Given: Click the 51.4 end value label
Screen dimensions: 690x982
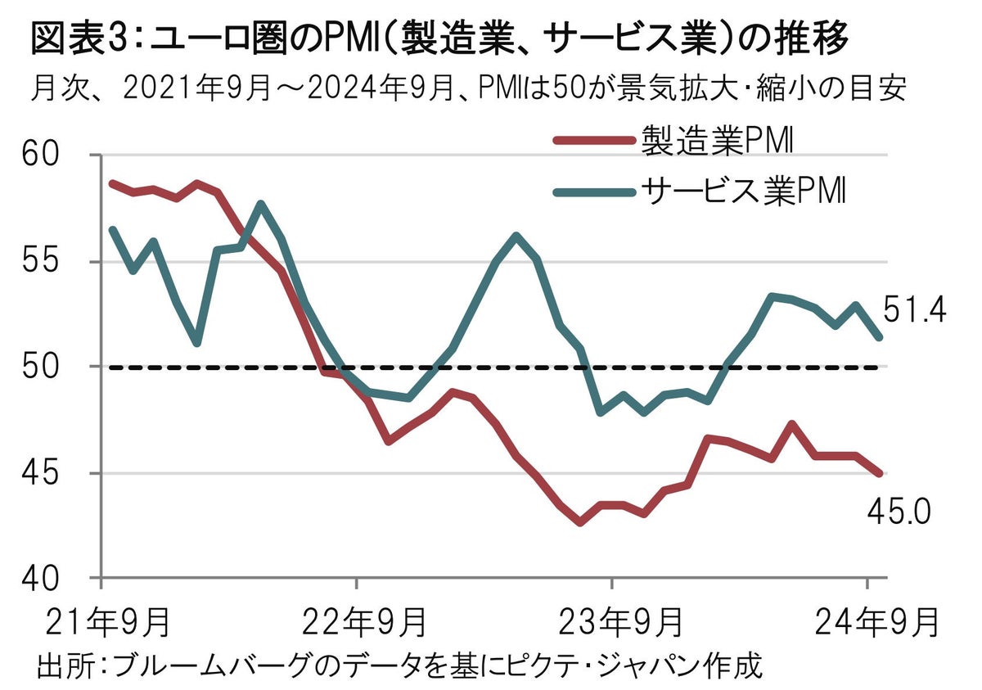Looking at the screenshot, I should (913, 311).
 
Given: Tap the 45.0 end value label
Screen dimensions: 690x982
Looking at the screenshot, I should (897, 512).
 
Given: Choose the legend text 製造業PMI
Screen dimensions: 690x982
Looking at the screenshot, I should (716, 140).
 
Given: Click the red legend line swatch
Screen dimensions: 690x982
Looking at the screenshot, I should (594, 140).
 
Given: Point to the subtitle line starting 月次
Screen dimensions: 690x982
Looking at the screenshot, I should (471, 87).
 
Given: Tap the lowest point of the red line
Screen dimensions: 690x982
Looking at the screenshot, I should (580, 521).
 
